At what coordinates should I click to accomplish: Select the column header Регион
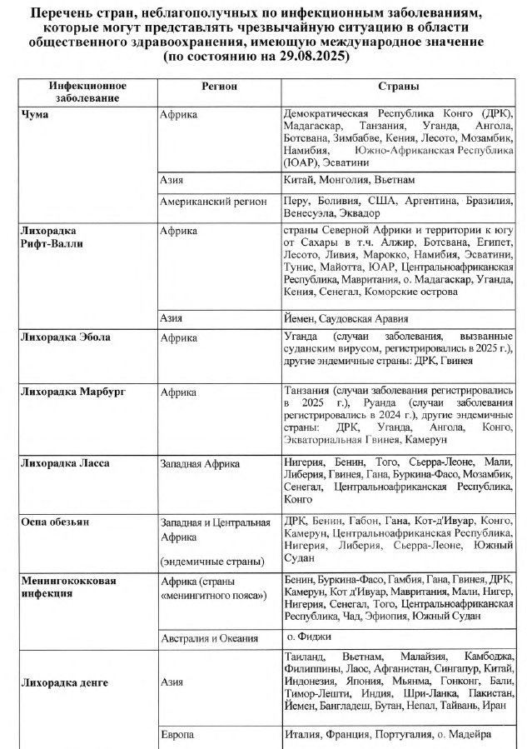tap(219, 86)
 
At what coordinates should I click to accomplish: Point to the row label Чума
tap(34, 113)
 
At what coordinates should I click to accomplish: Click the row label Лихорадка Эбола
tap(66, 337)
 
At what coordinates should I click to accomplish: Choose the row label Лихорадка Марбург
tap(72, 392)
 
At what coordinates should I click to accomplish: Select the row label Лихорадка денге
tap(66, 682)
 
